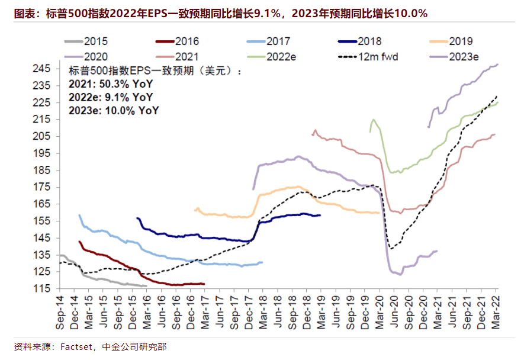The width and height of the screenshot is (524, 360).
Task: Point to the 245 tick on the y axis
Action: pos(44,69)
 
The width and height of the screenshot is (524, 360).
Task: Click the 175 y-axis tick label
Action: pos(44,187)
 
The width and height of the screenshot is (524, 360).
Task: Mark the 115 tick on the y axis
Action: pos(44,289)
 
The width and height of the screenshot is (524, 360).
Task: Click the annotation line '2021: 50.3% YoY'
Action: pos(105,83)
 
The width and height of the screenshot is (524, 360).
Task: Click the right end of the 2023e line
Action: pos(497,64)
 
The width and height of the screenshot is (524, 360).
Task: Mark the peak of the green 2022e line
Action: pos(373,120)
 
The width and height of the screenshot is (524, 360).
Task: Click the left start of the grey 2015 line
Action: pos(60,255)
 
